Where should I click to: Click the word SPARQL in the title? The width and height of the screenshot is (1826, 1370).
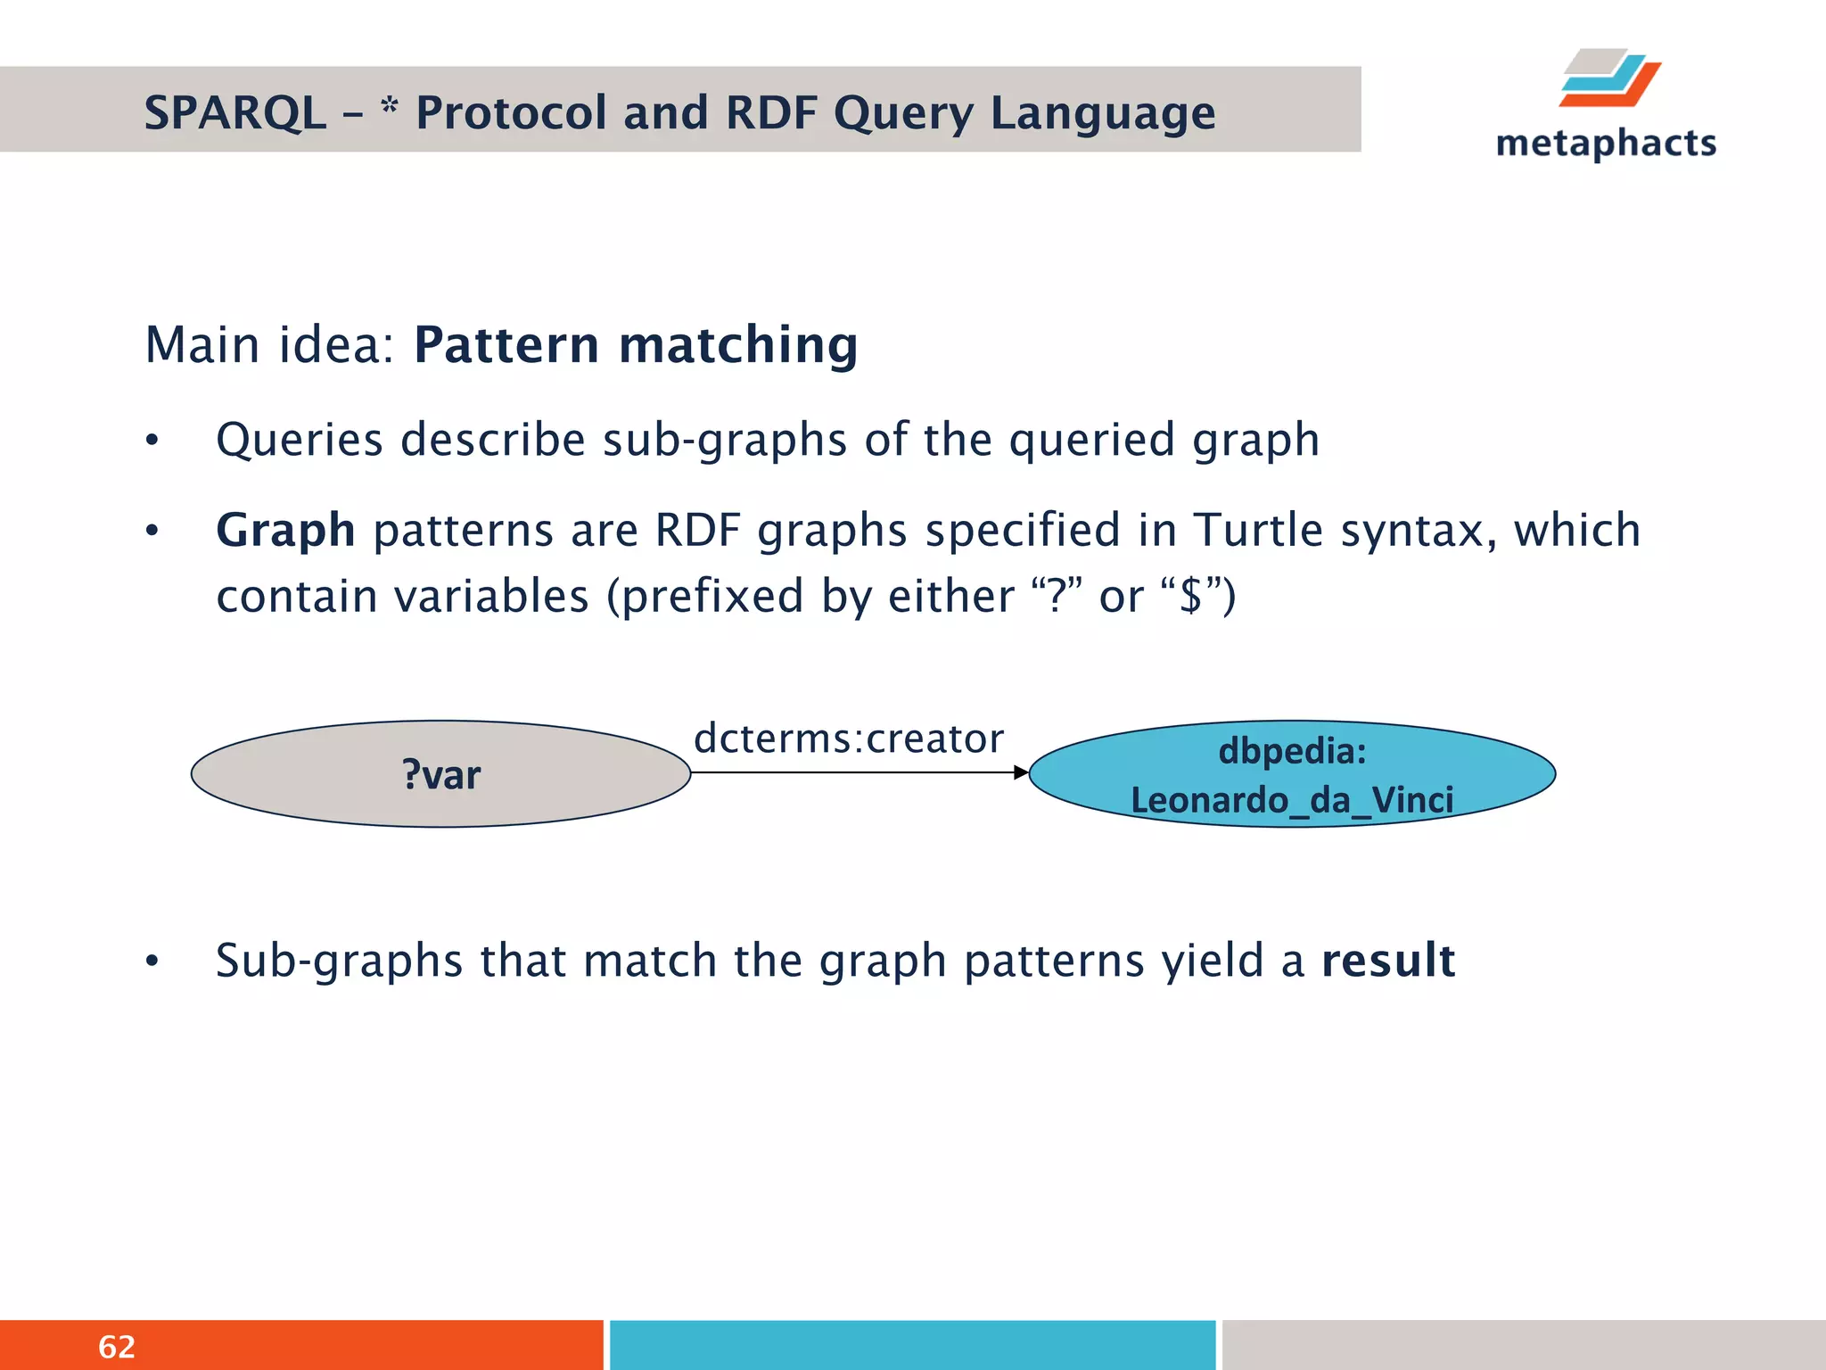pos(234,113)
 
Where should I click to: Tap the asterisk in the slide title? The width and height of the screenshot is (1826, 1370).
pos(389,108)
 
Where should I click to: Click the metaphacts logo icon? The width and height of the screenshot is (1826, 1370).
pos(1610,78)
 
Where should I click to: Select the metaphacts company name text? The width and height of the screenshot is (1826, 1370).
pos(1606,144)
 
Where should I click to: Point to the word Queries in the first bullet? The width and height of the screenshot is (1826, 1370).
pos(300,440)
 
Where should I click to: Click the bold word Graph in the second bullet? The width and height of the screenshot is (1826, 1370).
pos(285,530)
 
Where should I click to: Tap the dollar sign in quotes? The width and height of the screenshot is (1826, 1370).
pos(1189,596)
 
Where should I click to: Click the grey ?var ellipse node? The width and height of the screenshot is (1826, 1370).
pos(440,774)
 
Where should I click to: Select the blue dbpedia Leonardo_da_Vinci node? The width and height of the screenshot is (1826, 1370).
pos(1292,774)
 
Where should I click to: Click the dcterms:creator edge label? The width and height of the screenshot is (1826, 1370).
pos(849,739)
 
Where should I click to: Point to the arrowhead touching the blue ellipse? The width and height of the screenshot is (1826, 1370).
pos(1021,772)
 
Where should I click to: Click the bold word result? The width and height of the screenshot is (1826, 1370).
pos(1388,961)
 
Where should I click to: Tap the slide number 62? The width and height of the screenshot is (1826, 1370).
pos(117,1347)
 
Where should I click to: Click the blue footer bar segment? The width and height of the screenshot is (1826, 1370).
pos(912,1345)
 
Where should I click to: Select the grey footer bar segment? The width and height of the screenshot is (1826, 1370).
pos(1523,1345)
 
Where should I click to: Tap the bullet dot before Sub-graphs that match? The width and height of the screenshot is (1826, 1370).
pos(152,961)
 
